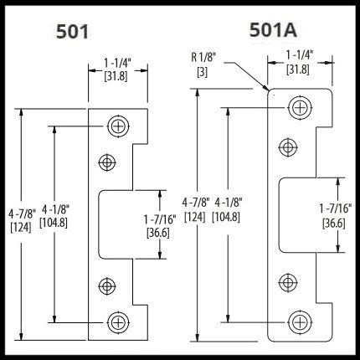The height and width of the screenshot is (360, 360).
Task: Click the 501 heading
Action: (72, 31)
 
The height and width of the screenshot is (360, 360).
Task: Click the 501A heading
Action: (273, 30)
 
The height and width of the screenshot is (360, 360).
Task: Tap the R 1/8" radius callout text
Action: (203, 58)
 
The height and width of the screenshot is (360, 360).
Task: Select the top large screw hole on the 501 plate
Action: (118, 126)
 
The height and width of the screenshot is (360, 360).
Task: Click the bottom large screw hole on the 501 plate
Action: (118, 322)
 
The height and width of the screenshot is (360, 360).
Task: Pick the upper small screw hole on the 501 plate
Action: (107, 162)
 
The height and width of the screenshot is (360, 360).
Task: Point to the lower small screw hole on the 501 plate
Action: (107, 286)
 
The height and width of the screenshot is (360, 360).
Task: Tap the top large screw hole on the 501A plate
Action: (300, 107)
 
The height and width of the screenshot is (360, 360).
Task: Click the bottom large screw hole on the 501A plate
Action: (300, 322)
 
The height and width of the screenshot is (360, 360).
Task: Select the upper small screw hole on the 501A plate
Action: (288, 147)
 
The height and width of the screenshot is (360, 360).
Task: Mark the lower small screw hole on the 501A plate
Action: (288, 283)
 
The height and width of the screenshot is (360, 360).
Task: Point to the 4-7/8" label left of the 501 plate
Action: (22, 214)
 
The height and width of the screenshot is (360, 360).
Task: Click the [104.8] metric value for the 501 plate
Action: (54, 223)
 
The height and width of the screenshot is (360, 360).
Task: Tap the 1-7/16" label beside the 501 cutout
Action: (160, 219)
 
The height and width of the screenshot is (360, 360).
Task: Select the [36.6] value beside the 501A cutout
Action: (334, 224)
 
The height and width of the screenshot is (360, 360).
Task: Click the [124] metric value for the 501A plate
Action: (195, 217)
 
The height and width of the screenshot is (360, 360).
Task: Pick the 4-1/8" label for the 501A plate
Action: (229, 203)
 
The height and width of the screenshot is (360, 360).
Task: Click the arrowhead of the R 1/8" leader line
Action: (266, 89)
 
